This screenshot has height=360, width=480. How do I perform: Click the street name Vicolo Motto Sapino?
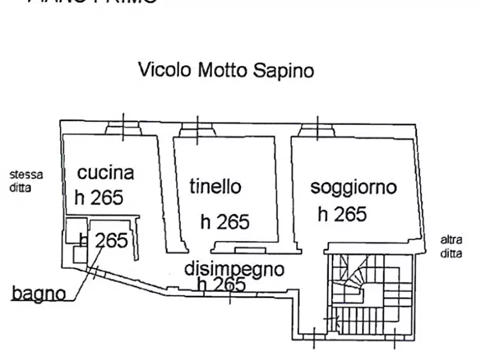click(x=226, y=70)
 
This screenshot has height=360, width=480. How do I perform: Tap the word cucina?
click(x=105, y=173)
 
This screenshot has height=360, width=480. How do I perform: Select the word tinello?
click(x=215, y=186)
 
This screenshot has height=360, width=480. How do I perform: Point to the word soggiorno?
click(x=353, y=187)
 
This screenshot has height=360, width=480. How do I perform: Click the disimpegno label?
click(x=234, y=268)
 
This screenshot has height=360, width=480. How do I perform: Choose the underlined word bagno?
click(x=39, y=293)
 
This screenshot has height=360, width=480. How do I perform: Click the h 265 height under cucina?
click(x=99, y=198)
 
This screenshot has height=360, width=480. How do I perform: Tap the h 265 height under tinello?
click(x=225, y=221)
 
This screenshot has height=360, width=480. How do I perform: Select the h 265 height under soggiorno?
click(x=342, y=214)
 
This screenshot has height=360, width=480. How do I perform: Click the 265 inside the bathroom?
click(x=111, y=240)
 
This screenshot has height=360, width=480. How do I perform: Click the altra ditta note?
click(x=451, y=247)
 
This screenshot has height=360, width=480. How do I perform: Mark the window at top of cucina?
click(x=123, y=128)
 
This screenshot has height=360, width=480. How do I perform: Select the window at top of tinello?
click(x=197, y=129)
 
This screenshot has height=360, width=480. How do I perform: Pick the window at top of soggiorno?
click(x=317, y=129)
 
